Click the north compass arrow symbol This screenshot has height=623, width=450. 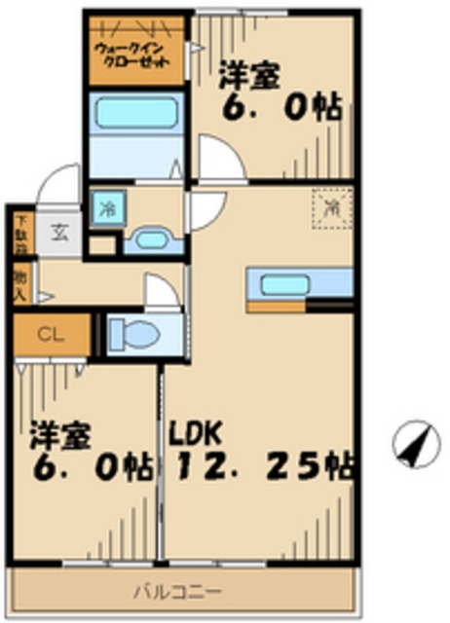coord(415,445)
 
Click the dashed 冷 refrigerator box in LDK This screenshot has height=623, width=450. coord(331,206)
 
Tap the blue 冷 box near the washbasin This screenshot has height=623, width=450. coord(104,208)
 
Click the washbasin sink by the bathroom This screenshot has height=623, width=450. coord(150,238)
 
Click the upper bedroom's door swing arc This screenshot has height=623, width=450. coord(216,161)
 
